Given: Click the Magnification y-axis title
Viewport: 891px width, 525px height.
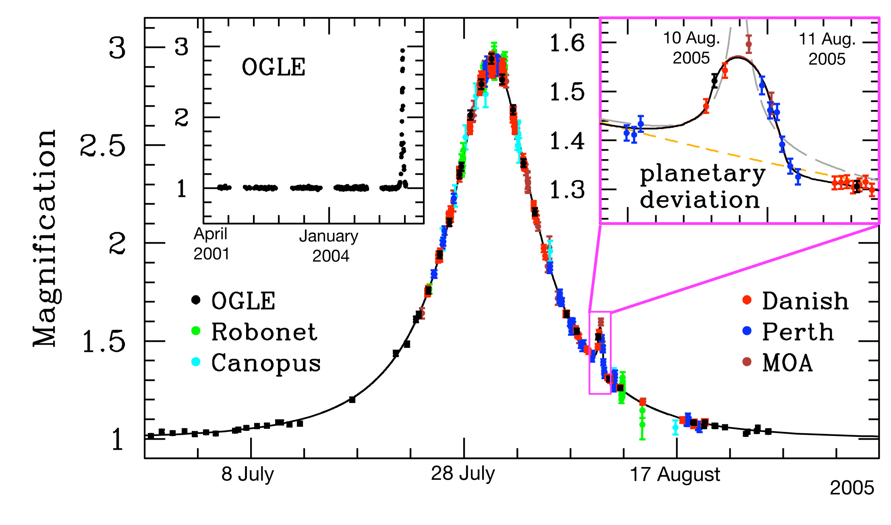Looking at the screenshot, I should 45,238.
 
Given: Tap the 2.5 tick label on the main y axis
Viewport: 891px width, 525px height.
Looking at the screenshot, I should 103,145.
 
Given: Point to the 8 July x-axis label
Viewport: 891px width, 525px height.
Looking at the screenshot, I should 247,474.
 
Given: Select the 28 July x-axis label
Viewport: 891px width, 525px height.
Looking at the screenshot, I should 463,473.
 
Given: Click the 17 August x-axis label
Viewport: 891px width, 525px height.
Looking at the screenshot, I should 675,474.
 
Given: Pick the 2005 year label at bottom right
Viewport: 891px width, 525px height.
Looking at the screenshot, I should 852,488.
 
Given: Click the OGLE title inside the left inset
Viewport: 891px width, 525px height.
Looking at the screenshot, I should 274,67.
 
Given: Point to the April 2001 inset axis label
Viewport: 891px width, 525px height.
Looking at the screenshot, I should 211,244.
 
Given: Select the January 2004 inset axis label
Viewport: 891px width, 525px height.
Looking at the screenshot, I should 329,246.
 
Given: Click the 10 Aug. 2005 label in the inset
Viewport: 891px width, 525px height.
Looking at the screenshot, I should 691,48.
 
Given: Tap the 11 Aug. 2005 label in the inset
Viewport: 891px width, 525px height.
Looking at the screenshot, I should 827,49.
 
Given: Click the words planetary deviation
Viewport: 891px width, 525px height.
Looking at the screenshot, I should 702,187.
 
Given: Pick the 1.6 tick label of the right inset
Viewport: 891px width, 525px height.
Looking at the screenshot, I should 567,43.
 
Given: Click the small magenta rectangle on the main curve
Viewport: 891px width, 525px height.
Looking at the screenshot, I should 600,353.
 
